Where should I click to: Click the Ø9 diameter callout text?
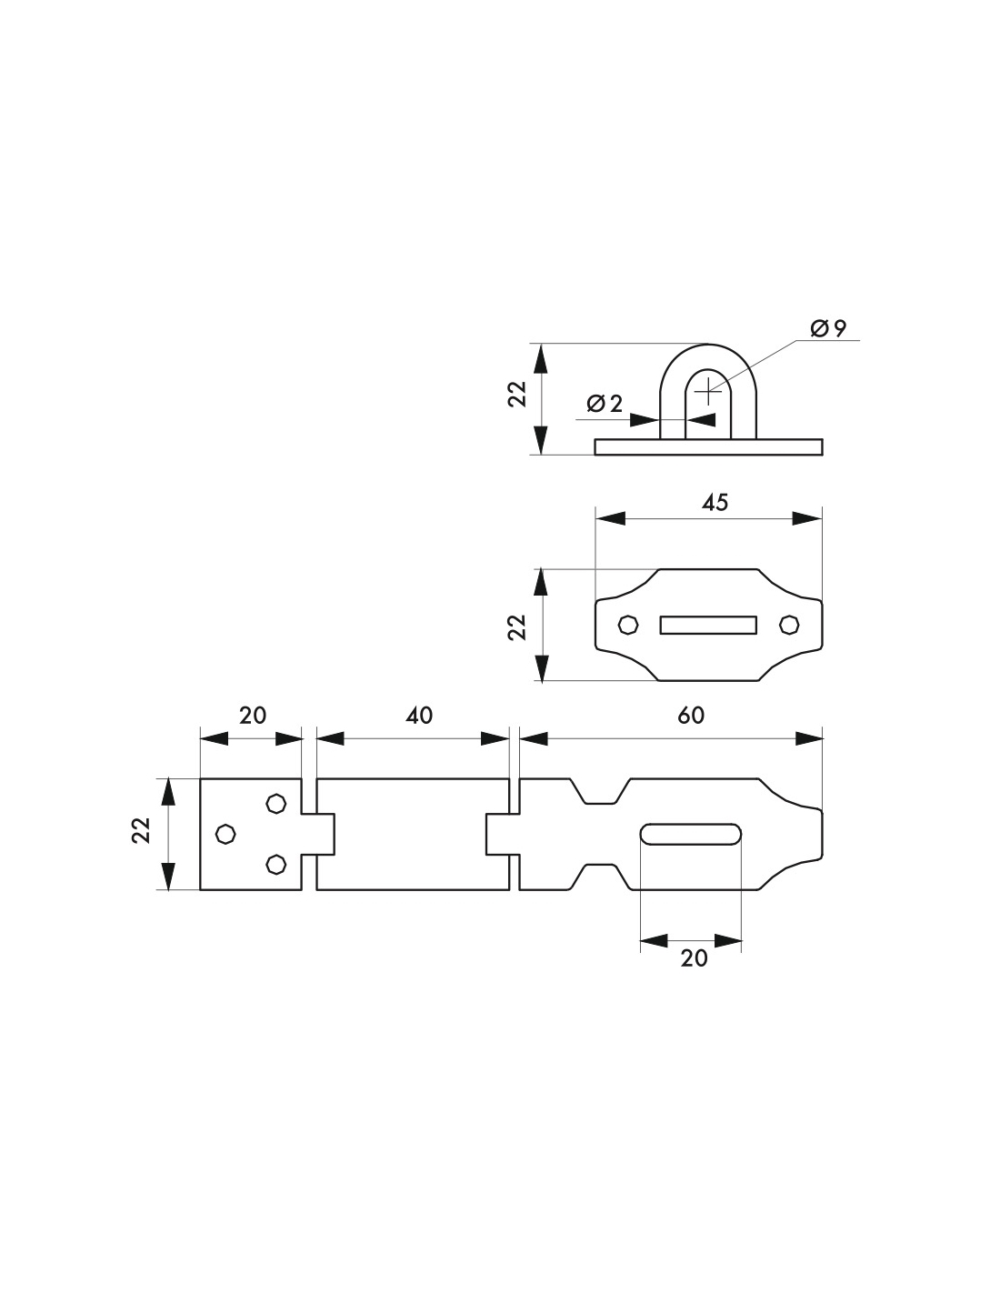coord(828,328)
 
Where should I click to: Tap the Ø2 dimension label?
coord(605,404)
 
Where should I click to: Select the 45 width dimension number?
coord(715,503)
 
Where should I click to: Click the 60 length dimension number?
coord(691,716)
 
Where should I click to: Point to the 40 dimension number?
coord(419,716)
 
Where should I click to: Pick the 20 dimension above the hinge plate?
coord(253,716)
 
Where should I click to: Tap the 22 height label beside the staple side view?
coord(517,394)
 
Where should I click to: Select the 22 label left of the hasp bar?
coord(142,830)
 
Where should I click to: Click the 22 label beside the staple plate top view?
coord(517,626)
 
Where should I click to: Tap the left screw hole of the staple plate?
coord(628,625)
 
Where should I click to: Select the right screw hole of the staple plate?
coord(789,625)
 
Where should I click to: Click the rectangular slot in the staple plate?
coord(708,625)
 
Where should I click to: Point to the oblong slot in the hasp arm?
coord(691,834)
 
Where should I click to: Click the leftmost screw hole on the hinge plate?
coord(225,834)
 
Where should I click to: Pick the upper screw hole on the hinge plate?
coord(275,803)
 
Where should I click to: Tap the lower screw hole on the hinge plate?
coord(275,864)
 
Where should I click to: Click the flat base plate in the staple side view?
coord(708,447)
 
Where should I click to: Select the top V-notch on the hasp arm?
coord(600,791)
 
